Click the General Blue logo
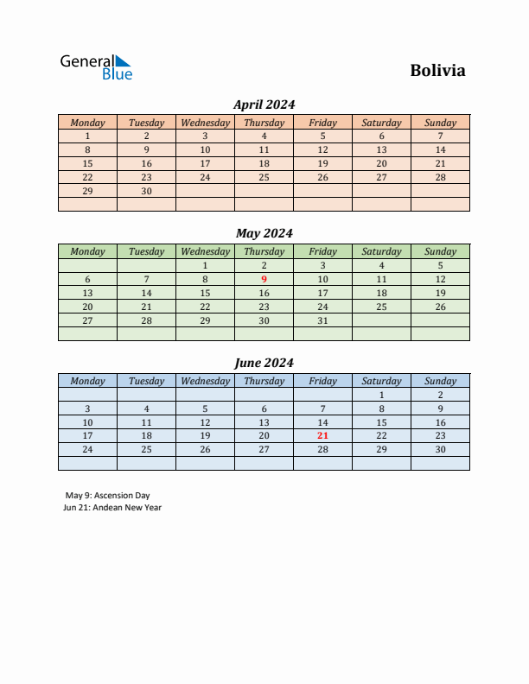point(96,67)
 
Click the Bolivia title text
point(437,71)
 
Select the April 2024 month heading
point(264,104)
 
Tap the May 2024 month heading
point(264,233)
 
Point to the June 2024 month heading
point(264,363)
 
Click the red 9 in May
point(264,279)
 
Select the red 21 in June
point(322,436)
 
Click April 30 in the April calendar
point(146,191)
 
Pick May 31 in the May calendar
point(322,320)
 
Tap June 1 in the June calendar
point(381,395)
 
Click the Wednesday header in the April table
point(205,123)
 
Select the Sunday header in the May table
point(440,252)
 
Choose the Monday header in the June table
point(87,381)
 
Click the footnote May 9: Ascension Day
point(107,496)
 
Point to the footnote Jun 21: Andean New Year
point(112,508)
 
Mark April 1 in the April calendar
point(87,136)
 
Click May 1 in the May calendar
point(205,265)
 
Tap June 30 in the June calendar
point(440,450)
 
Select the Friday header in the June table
point(322,381)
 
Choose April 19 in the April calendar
point(322,163)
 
